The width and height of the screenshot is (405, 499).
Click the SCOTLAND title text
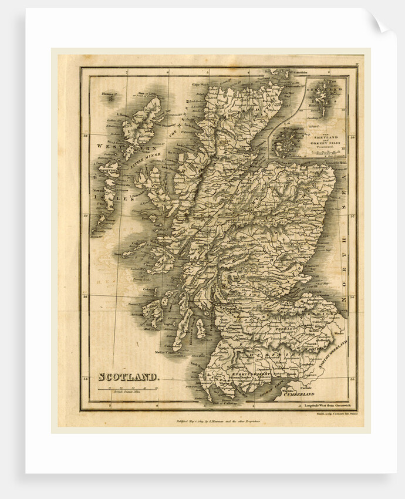[127, 377]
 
